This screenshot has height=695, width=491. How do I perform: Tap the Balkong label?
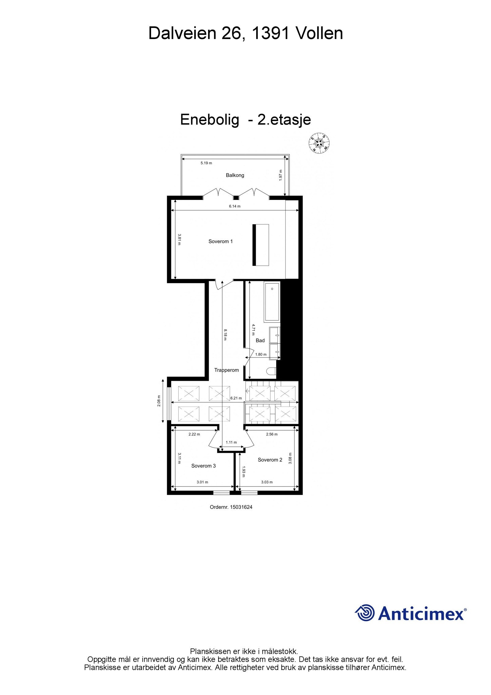pos(235,175)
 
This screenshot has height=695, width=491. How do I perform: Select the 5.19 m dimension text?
pos(206,163)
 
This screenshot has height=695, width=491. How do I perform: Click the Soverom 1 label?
pos(220,241)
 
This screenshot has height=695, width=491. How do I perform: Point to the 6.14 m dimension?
pos(234,206)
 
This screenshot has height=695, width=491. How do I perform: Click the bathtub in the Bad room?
pos(272,302)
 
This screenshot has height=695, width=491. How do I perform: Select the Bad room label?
pos(260,340)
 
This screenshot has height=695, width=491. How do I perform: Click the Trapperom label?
pos(226,370)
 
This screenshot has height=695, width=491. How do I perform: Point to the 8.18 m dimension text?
pos(225,334)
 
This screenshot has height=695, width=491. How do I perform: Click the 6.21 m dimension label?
pos(236,398)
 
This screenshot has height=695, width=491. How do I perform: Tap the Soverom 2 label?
pos(270,460)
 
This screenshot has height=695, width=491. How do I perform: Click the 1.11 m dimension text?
pos(231,443)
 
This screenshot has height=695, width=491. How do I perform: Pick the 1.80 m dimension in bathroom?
pos(261,354)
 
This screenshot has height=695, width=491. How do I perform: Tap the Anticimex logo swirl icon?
pos(365,613)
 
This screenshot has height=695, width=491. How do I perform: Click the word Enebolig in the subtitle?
pos(209,120)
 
